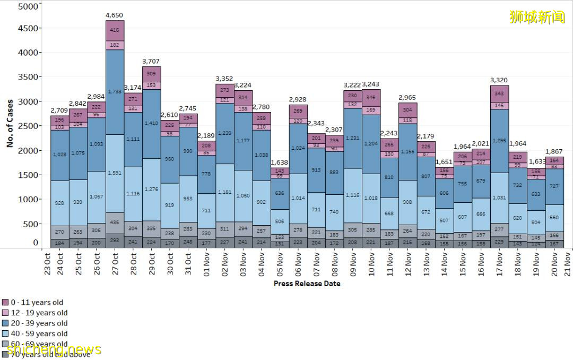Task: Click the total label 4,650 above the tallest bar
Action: click(x=115, y=16)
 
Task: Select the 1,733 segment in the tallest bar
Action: click(x=115, y=91)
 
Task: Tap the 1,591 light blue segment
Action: click(x=115, y=173)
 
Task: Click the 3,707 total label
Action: click(x=151, y=62)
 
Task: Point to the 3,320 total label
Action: click(x=499, y=80)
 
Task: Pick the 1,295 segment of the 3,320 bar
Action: click(x=499, y=141)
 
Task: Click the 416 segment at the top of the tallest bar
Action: click(x=115, y=31)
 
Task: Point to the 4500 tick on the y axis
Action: click(x=28, y=28)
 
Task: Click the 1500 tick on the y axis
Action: click(x=28, y=175)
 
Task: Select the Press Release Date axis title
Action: click(x=307, y=284)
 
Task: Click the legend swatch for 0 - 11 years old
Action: click(x=5, y=303)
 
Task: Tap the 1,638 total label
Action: click(x=280, y=162)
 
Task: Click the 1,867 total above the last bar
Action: click(x=554, y=151)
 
